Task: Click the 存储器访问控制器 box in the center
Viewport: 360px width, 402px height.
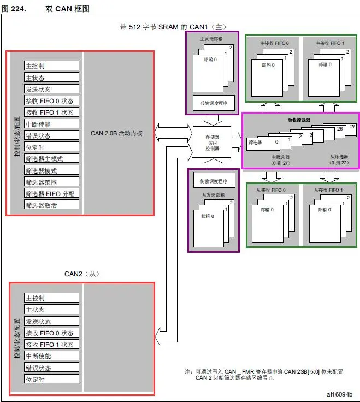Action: tap(212, 141)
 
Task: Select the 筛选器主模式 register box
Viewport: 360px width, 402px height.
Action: tap(52, 158)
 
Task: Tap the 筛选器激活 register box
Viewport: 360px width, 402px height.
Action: tap(52, 205)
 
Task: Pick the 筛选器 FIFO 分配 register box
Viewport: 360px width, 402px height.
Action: tap(52, 193)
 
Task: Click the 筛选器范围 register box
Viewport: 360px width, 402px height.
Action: tap(52, 182)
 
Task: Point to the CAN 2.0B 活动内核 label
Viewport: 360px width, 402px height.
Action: tap(116, 133)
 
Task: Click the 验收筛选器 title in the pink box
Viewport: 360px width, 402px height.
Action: tap(300, 120)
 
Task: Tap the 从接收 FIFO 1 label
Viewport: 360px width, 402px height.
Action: tap(328, 190)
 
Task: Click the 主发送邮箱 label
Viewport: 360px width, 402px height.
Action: tap(213, 38)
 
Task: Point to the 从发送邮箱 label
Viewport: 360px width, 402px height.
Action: tap(213, 193)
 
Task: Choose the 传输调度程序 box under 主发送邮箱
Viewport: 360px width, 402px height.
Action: tap(213, 102)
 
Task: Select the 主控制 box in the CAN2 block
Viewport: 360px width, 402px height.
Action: tap(52, 298)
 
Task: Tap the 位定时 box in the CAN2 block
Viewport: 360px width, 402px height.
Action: tap(52, 379)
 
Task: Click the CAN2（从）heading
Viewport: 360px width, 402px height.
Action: tap(82, 273)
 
